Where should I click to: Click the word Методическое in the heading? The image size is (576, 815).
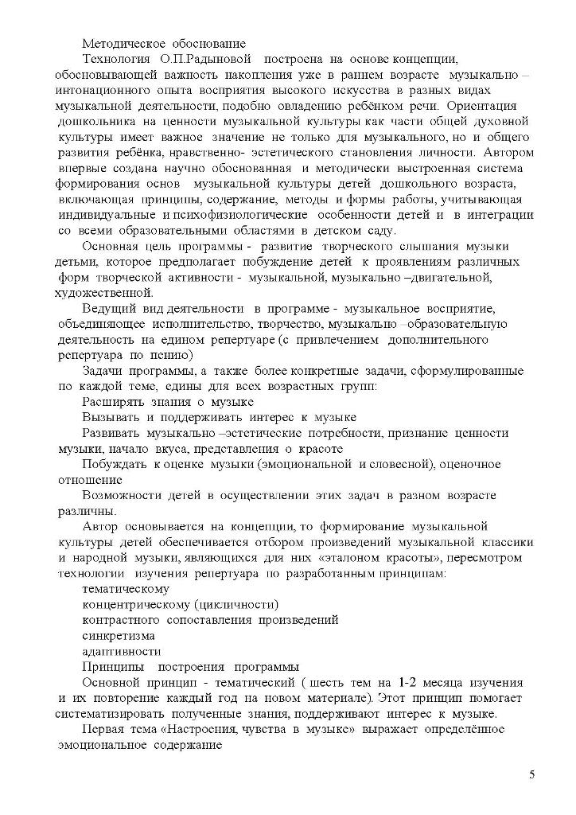[x=121, y=44]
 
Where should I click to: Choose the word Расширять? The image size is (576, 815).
[x=110, y=402]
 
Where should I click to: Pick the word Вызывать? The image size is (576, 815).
[x=109, y=417]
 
